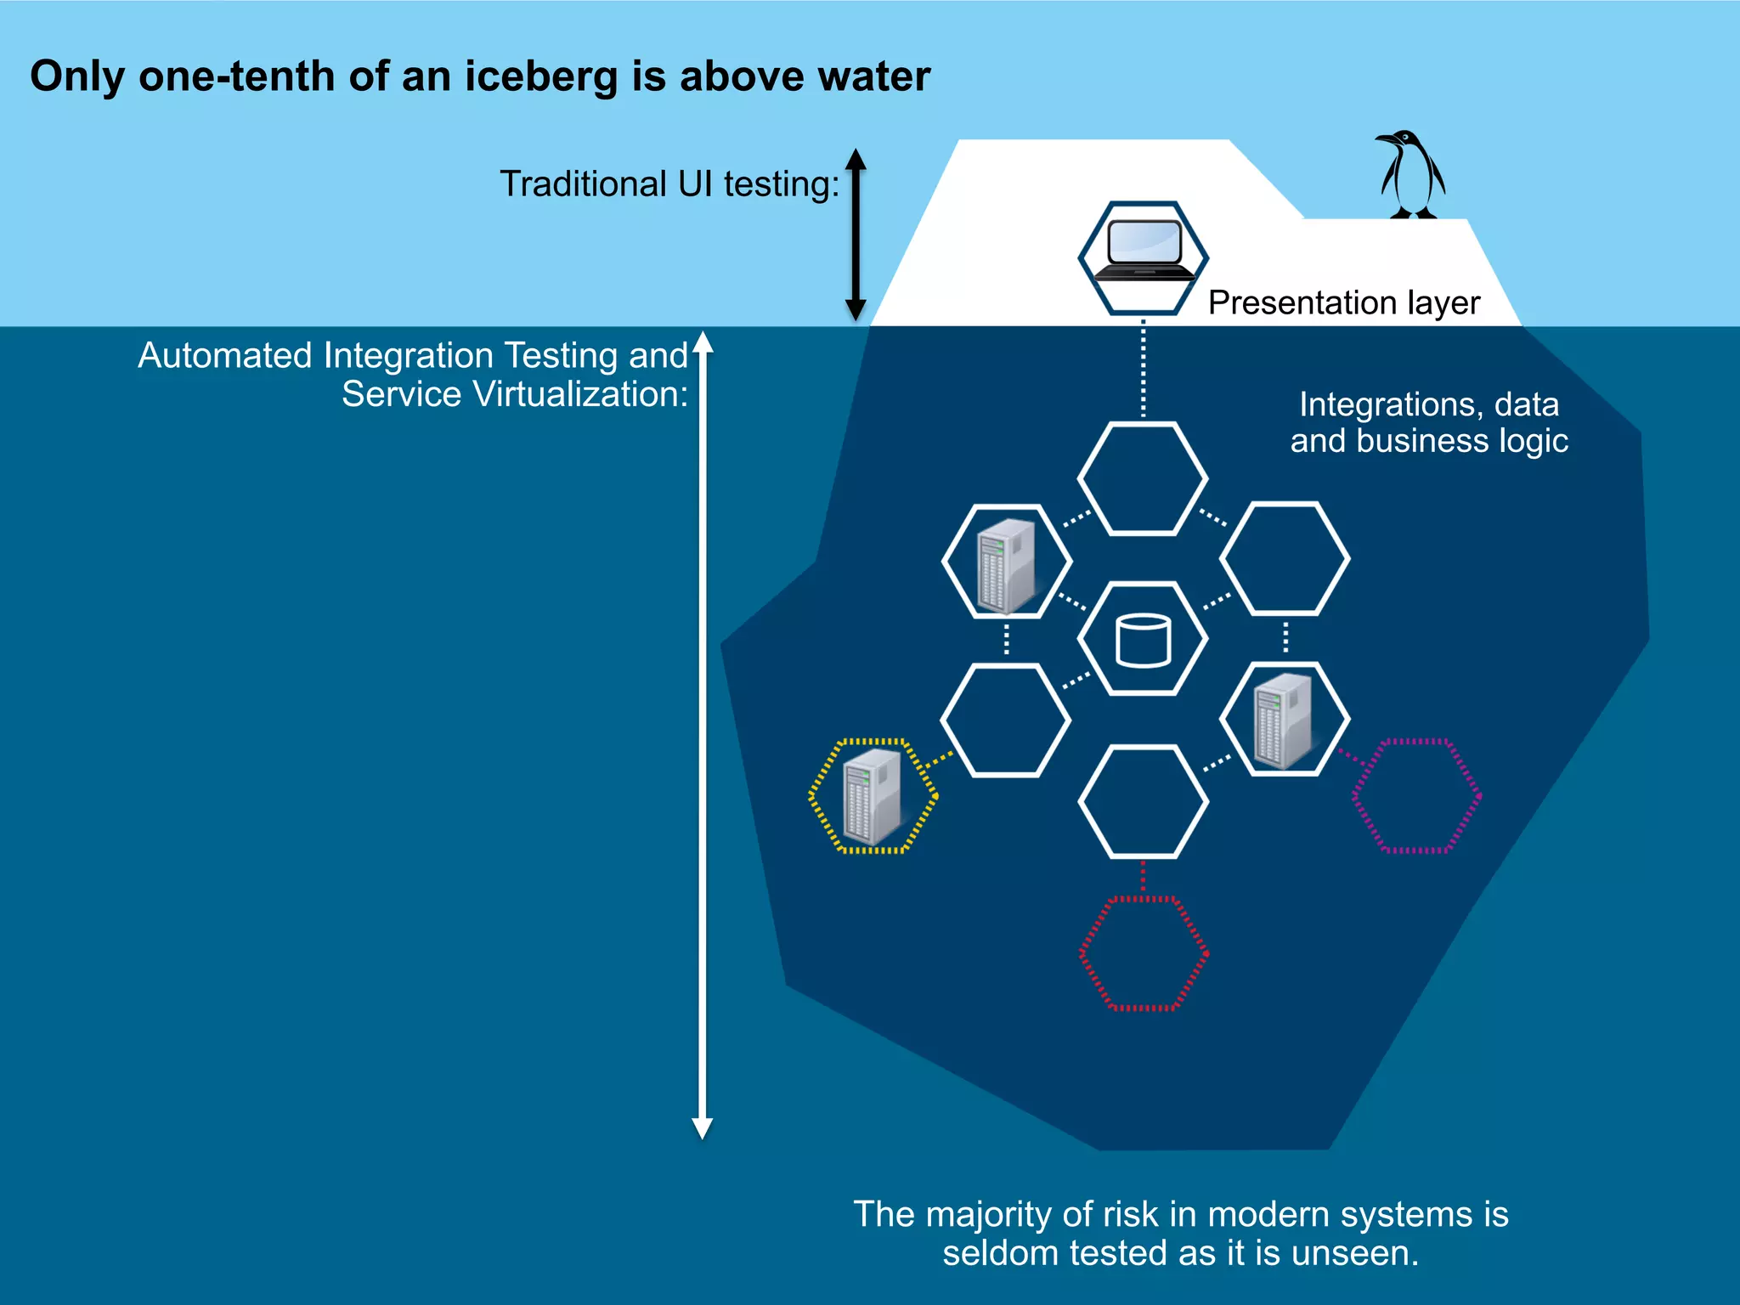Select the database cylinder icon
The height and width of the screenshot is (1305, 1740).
[x=1143, y=640]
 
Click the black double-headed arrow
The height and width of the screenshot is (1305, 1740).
[x=856, y=234]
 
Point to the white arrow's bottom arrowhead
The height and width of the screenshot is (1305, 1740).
[x=703, y=1127]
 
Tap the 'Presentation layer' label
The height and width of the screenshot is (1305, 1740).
[x=1343, y=302]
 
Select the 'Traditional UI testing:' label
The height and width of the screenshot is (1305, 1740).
[x=669, y=184]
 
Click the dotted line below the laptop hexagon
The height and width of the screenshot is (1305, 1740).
[x=1143, y=369]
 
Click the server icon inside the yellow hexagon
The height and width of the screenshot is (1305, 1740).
[x=871, y=796]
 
